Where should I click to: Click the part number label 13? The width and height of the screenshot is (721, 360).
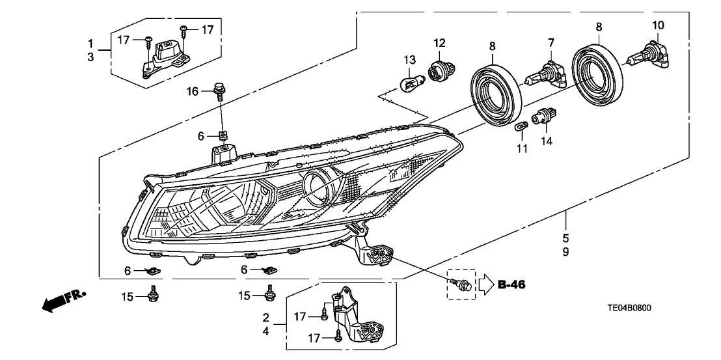click(409, 60)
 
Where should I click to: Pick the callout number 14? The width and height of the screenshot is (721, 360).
click(545, 140)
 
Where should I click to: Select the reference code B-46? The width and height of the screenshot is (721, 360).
click(511, 284)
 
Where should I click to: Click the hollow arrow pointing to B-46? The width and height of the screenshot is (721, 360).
click(487, 284)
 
